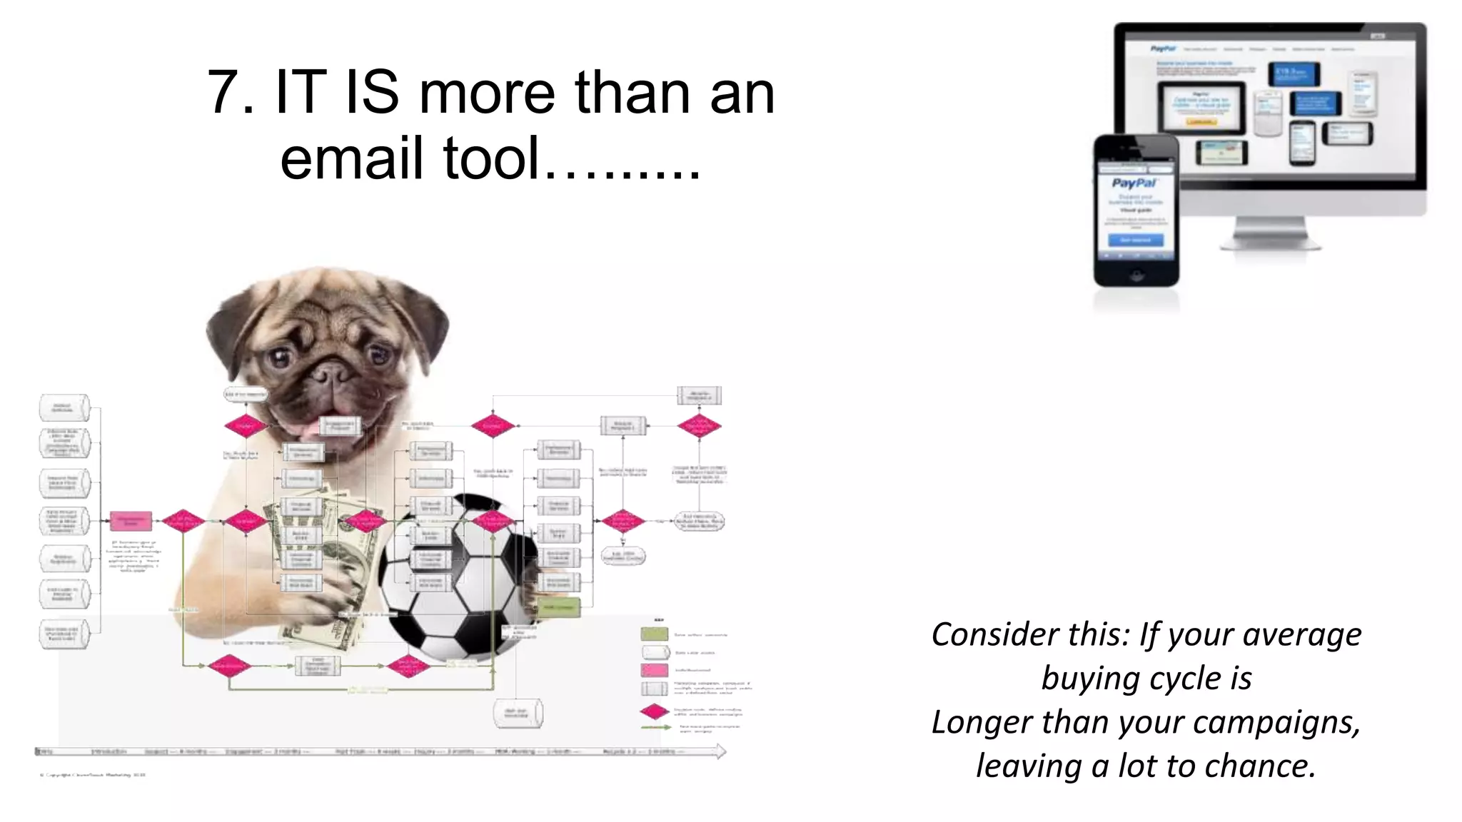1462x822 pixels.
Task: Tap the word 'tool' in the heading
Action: (x=490, y=158)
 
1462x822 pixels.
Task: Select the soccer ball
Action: (x=457, y=578)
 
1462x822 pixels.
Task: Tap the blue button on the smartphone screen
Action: (x=1135, y=240)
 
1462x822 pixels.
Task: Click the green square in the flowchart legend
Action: (x=654, y=634)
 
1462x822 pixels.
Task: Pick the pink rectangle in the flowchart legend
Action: (x=654, y=670)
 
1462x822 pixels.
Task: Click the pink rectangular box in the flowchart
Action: (x=131, y=521)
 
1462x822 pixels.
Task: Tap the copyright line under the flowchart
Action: (x=93, y=774)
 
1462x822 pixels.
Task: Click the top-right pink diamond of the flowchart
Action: (x=699, y=426)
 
